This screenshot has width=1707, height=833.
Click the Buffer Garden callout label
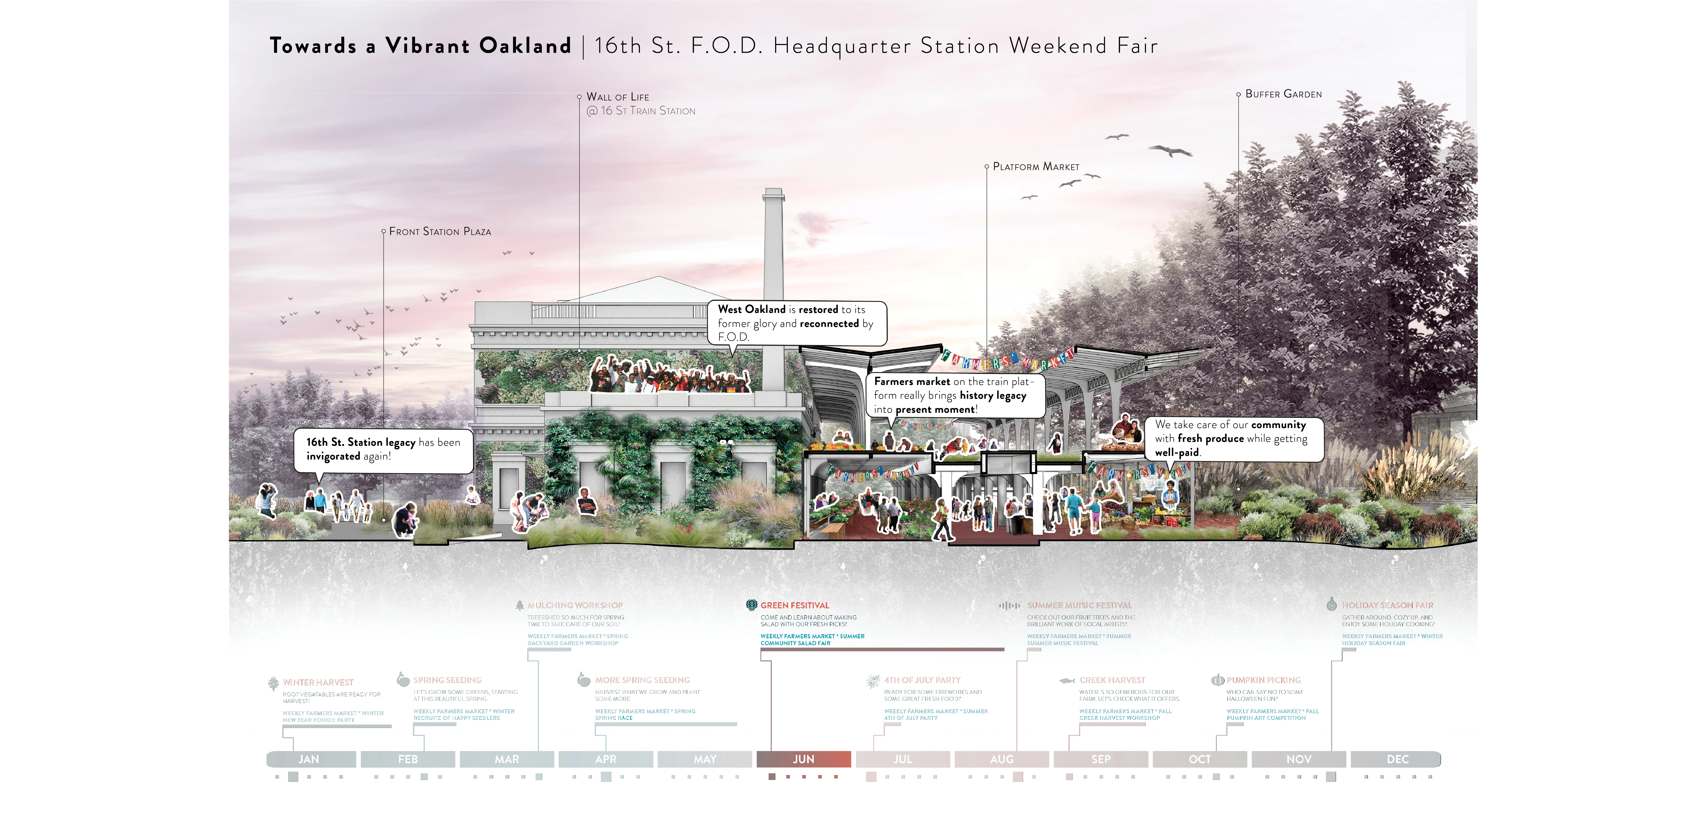tap(1283, 94)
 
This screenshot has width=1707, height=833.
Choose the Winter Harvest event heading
tap(318, 682)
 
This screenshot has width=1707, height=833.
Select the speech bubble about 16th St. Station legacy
tap(383, 449)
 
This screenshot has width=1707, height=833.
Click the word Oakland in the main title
tap(525, 46)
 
